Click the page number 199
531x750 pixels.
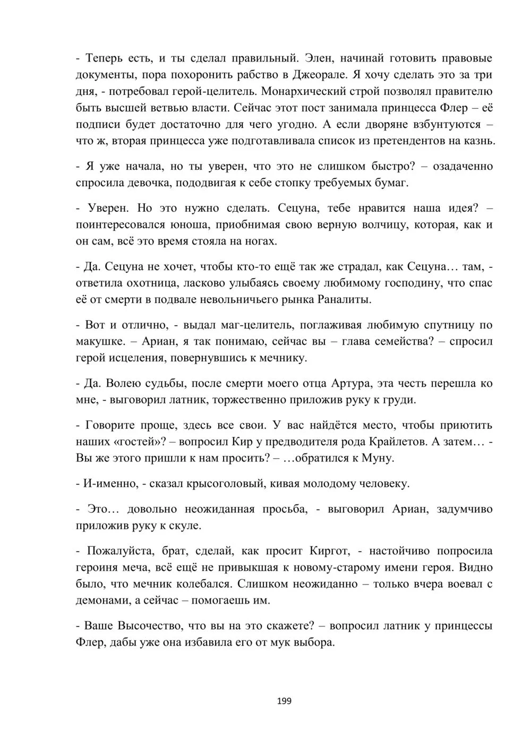pyautogui.click(x=284, y=701)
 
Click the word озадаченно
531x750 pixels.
pyautogui.click(x=463, y=167)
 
